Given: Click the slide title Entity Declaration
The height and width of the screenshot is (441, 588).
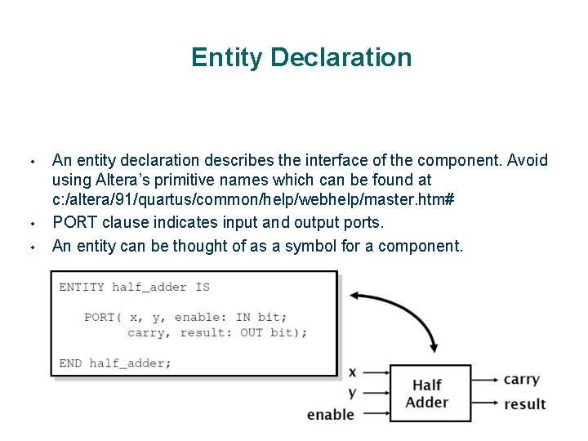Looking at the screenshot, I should [x=301, y=58].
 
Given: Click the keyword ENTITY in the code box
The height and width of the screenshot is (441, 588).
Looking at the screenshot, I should [x=82, y=287].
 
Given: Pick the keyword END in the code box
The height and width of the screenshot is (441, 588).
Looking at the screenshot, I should [x=70, y=363].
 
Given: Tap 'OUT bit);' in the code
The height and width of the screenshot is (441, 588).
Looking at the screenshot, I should [x=274, y=333].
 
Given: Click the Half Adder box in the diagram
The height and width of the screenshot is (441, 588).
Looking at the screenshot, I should [x=430, y=393].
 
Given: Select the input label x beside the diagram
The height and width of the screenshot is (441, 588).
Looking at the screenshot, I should [x=353, y=372].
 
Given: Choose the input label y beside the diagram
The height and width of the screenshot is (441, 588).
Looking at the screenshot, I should [x=353, y=392].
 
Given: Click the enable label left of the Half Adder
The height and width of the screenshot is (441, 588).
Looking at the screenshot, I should [x=331, y=415].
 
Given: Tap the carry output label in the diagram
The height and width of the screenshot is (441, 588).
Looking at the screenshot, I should [x=522, y=380].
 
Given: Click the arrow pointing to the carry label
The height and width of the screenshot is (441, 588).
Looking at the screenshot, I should [x=486, y=380].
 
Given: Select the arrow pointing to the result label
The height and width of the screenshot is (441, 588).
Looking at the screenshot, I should [x=486, y=404].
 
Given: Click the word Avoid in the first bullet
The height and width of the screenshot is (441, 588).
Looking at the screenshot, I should [x=528, y=160].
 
